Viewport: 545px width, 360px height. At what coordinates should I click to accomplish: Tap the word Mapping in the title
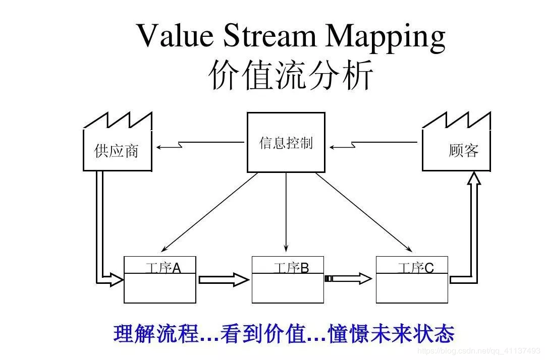pos(386,38)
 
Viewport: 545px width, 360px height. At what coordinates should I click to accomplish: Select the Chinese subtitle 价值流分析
pos(291,76)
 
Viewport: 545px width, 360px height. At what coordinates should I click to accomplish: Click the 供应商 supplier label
pos(117,151)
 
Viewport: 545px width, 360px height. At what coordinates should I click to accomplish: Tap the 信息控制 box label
pos(286,143)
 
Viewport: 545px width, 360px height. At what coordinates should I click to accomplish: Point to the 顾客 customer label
pos(463,150)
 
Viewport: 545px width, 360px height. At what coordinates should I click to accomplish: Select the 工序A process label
pos(162,268)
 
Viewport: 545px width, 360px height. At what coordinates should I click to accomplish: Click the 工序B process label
pos(291,268)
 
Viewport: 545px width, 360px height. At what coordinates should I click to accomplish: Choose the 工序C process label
pos(415,268)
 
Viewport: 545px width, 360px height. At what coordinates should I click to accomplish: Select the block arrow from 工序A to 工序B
pos(224,279)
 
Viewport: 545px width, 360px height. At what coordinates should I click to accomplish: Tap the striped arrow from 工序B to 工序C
pos(348,278)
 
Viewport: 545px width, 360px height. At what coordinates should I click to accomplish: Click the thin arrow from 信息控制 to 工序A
pos(210,212)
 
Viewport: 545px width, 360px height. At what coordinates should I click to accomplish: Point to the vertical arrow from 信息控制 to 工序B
pos(286,212)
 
